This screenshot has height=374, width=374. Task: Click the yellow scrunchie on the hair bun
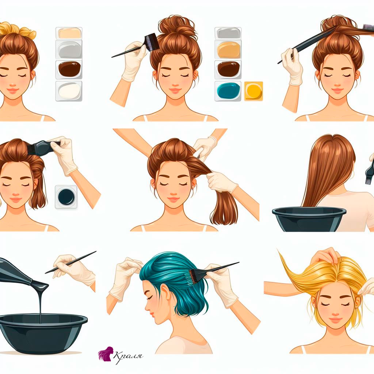point(17,30)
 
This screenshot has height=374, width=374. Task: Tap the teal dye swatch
point(228,91)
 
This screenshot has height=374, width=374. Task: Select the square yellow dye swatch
point(253,91)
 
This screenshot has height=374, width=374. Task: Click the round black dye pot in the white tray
point(66,197)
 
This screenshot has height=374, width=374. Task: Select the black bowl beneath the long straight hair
point(309,219)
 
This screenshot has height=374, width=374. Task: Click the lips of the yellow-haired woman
point(335,319)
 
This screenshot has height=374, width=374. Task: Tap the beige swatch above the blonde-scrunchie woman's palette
point(70,33)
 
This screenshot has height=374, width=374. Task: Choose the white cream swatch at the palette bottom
point(69,91)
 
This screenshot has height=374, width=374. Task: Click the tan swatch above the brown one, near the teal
point(229,50)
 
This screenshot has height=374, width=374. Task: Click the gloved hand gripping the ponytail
point(221,182)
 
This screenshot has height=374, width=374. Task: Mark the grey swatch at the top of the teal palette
point(228,33)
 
